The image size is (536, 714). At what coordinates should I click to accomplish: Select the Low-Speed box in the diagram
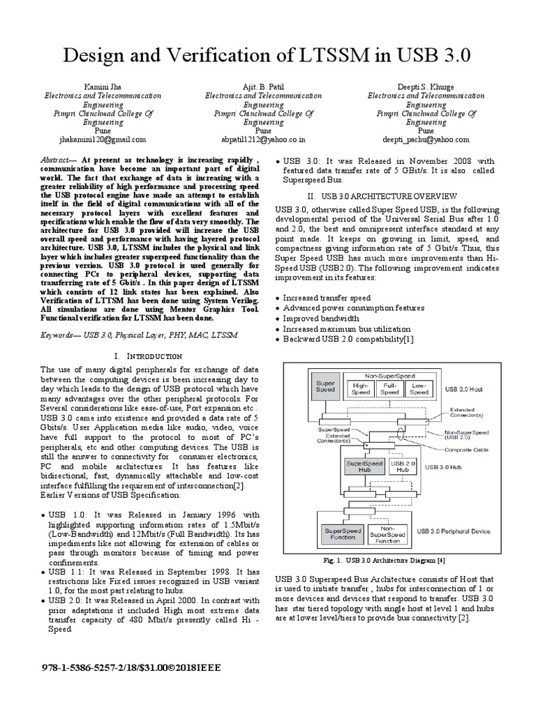(419, 388)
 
